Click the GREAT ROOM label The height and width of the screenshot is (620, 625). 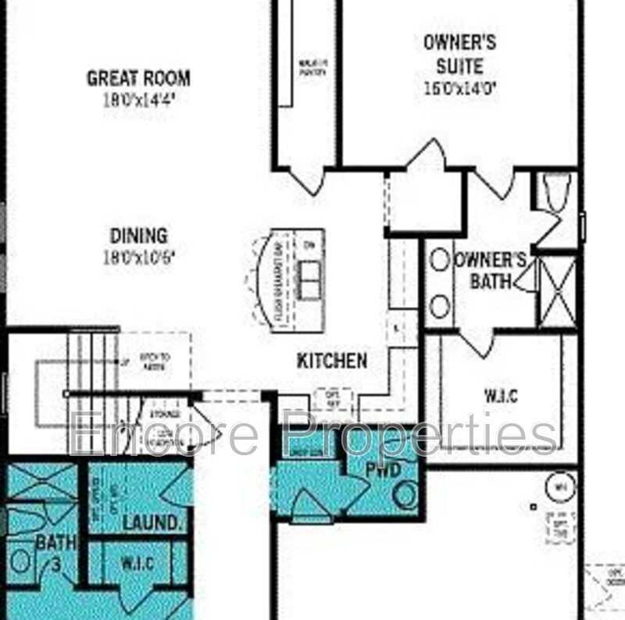point(138,78)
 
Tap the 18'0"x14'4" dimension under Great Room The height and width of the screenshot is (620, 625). point(138,99)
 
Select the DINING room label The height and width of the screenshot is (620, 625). point(138,235)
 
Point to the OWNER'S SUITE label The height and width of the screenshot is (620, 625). point(459,54)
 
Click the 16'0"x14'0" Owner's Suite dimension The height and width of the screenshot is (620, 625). point(459,88)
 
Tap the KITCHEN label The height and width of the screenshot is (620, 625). point(332,361)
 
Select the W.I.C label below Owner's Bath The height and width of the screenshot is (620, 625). point(500,395)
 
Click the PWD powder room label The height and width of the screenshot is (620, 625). point(384,469)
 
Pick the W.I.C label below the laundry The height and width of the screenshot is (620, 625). point(137,564)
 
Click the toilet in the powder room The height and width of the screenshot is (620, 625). point(405,494)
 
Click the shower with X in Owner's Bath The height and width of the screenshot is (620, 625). point(557,294)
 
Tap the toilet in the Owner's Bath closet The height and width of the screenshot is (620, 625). point(558,191)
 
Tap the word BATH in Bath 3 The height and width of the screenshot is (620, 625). point(52,542)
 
